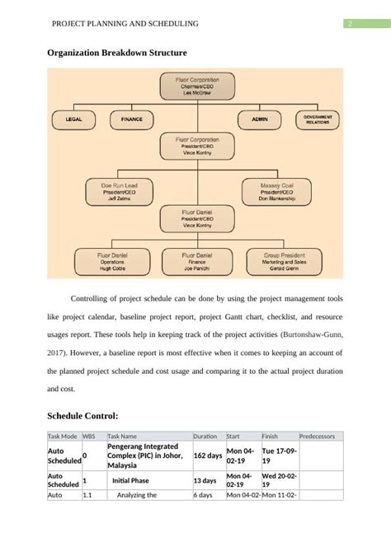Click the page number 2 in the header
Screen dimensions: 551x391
(350, 24)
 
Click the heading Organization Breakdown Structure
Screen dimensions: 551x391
(116, 53)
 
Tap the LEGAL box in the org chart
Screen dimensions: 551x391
(74, 119)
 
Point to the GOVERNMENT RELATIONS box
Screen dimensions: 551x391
(319, 119)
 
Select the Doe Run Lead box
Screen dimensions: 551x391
(119, 192)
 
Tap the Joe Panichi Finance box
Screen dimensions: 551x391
(195, 262)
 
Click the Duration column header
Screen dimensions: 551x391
(205, 436)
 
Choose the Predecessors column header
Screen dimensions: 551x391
(317, 436)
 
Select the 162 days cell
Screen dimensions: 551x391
(207, 455)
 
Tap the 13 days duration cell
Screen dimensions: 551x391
(205, 480)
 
